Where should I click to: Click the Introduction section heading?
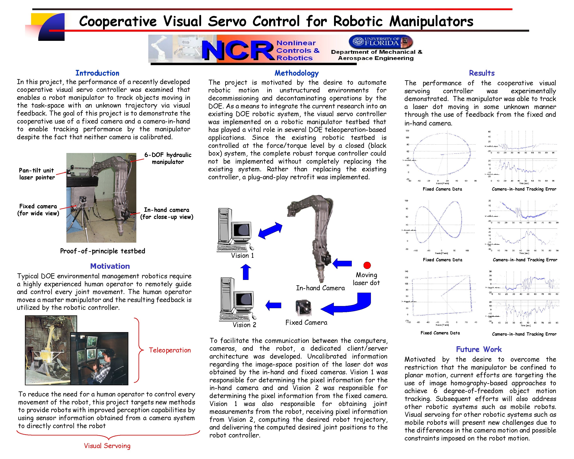(x=97, y=73)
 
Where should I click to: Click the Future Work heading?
(x=479, y=349)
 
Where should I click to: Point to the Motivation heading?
(x=110, y=266)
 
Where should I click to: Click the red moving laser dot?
(x=367, y=265)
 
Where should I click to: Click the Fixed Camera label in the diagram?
(x=306, y=323)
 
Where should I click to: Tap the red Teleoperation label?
(x=170, y=350)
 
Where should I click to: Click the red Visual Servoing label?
(x=107, y=446)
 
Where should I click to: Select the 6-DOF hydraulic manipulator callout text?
(x=168, y=158)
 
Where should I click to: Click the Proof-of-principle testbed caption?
(x=102, y=251)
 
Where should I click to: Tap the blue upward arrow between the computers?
(x=246, y=272)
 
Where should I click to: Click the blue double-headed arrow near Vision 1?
(x=270, y=230)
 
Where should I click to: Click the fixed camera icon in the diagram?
(x=304, y=308)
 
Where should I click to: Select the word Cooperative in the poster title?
(x=118, y=21)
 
